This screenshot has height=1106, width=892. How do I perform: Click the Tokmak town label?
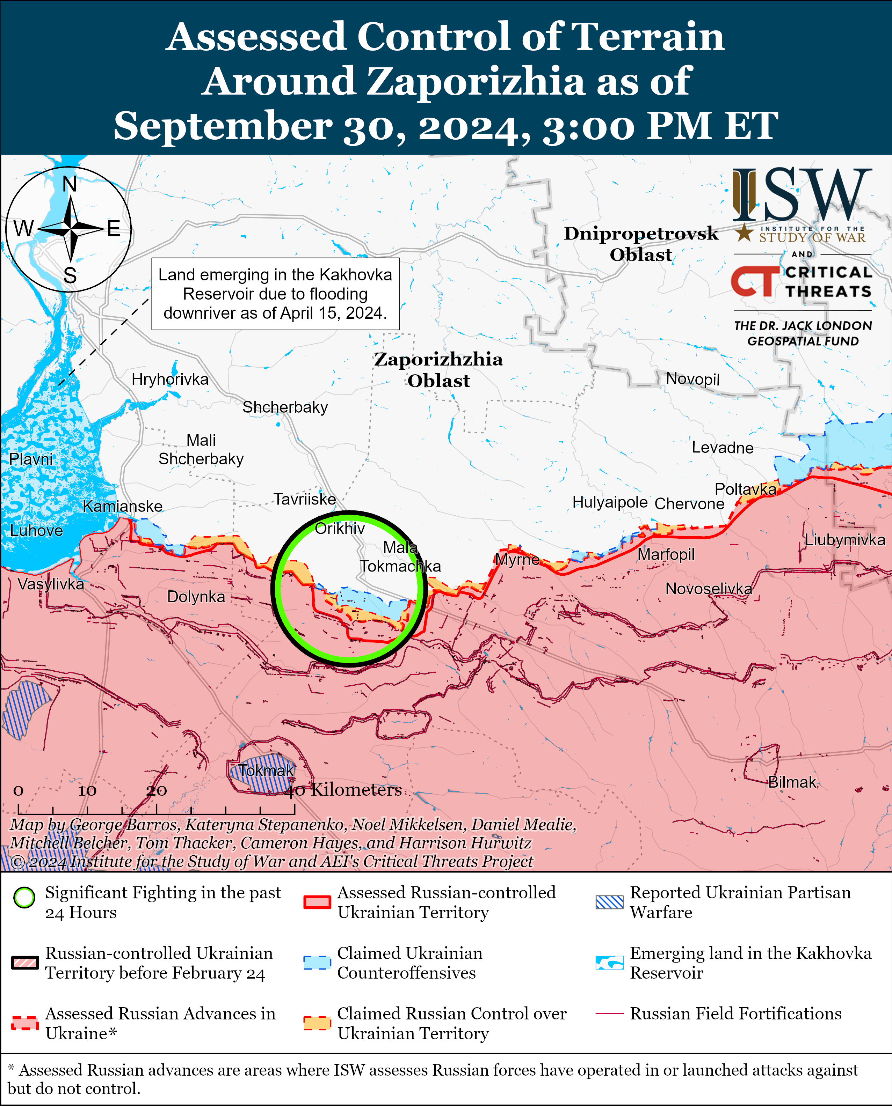(266, 770)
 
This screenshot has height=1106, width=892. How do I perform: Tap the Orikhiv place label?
(340, 528)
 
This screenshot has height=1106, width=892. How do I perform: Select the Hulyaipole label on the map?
(610, 502)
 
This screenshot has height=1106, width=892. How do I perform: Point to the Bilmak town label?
(792, 782)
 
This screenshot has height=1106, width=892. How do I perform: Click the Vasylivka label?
(51, 584)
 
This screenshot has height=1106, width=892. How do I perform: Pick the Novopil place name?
(692, 379)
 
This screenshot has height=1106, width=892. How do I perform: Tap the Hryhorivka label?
(170, 379)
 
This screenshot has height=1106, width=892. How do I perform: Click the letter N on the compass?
(70, 184)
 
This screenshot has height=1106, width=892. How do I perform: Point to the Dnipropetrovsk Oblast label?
(641, 244)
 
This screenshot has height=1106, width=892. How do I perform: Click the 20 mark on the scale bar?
(156, 791)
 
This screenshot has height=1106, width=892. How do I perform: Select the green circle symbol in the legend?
(24, 912)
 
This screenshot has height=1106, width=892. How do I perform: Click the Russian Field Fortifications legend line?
(609, 1013)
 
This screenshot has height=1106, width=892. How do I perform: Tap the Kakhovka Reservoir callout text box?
(275, 294)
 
